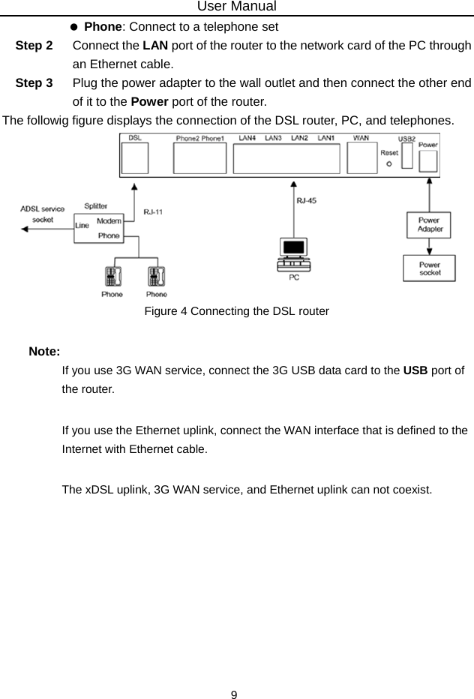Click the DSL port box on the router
[136, 159]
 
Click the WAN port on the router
[362, 159]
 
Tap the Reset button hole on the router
[388, 162]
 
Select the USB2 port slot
[407, 157]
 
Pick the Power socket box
[428, 268]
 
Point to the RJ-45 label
[306, 200]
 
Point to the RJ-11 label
[154, 212]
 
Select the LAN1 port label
[325, 139]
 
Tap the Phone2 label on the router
[187, 139]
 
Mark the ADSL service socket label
[42, 214]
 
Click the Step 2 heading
[34, 45]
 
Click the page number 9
[235, 694]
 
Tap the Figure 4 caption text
[236, 310]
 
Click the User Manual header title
[237, 7]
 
